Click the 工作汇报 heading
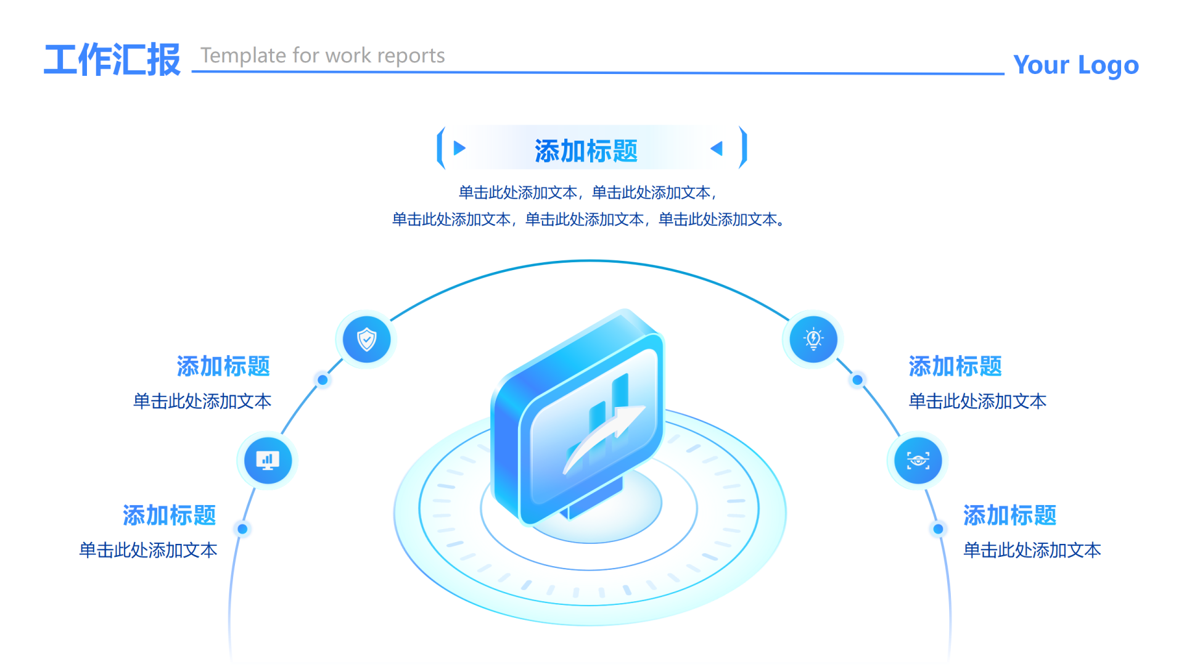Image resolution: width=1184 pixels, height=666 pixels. click(112, 60)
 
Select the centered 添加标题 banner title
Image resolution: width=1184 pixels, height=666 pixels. click(586, 151)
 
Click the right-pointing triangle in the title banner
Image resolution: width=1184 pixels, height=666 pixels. click(459, 148)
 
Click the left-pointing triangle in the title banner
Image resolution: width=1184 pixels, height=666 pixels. click(717, 148)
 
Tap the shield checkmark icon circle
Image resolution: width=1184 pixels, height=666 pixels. click(367, 339)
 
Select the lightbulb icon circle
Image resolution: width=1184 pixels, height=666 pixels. click(813, 339)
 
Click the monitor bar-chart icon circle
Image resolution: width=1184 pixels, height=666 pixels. click(268, 461)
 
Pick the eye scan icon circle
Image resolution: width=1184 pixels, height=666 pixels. click(918, 461)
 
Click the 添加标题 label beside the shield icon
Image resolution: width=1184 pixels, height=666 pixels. click(223, 366)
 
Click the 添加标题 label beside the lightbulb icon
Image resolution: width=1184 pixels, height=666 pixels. click(955, 366)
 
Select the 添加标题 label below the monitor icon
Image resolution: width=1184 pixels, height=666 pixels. click(169, 515)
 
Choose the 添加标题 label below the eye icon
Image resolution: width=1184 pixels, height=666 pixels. click(1010, 515)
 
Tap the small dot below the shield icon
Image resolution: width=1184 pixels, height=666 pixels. click(323, 380)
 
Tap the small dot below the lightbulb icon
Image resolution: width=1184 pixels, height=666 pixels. click(858, 380)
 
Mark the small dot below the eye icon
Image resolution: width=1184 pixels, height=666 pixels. click(938, 528)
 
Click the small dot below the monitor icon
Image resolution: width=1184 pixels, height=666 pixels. click(242, 528)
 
